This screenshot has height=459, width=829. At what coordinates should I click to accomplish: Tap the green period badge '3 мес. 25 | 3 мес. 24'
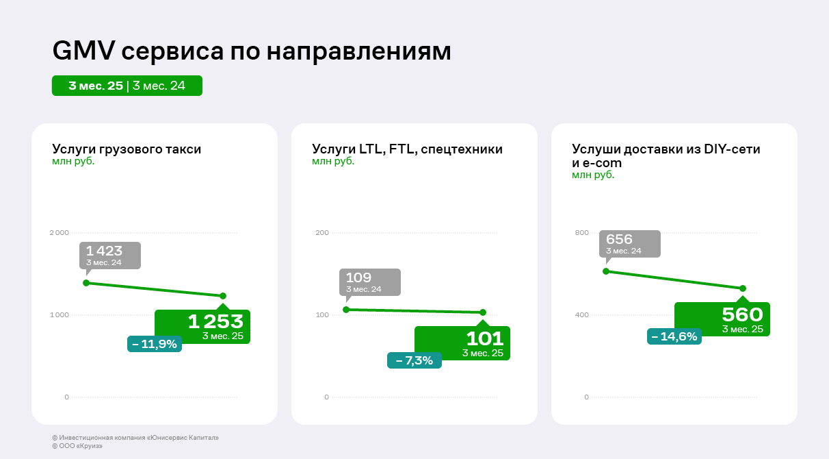point(127,86)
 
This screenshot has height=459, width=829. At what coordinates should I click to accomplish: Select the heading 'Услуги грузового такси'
point(127,149)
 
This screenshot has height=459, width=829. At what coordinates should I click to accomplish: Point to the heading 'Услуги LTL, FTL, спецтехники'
point(407,149)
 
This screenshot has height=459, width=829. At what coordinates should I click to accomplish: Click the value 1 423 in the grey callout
point(104,251)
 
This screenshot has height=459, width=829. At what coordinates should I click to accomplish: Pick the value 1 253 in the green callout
point(215,321)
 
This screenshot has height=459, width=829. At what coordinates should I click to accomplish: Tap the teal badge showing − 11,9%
point(155,344)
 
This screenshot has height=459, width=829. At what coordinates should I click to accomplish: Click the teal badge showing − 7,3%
point(414,360)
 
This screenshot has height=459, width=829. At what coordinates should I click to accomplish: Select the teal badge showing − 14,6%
point(674,336)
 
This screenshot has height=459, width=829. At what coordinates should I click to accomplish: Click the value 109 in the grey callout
point(359,277)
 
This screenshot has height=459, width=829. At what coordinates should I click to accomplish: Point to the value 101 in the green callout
point(484,338)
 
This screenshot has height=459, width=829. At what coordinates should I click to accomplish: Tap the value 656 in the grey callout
point(620,240)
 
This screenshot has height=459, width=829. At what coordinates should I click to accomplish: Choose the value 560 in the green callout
point(742,314)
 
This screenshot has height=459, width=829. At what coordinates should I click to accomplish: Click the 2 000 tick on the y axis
point(60,233)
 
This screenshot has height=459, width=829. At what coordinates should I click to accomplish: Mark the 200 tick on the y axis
point(321,233)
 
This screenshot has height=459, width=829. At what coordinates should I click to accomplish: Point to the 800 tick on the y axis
point(581,233)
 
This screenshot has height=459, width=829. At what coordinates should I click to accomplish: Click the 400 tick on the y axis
point(581,315)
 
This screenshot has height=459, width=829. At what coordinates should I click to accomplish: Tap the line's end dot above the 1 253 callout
point(223,296)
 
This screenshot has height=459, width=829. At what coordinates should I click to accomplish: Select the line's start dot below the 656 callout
point(606,271)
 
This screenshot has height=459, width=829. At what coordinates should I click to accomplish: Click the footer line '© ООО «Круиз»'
point(77,446)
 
